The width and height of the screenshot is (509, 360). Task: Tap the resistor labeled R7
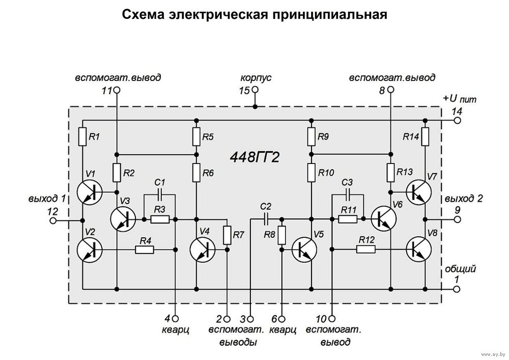[x=227, y=234]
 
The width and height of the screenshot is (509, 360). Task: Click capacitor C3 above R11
[x=348, y=194]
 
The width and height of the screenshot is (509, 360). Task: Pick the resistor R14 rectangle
[x=425, y=136]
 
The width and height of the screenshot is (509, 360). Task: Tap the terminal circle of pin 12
[x=52, y=220]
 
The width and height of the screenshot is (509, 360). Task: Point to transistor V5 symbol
[x=304, y=250]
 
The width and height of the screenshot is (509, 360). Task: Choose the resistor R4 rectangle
[x=145, y=250]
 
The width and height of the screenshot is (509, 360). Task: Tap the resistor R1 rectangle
[x=82, y=136]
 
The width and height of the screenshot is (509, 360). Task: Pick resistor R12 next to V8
[x=365, y=250]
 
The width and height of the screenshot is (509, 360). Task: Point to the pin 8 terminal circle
[x=390, y=91]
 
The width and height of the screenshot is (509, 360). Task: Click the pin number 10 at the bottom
[x=321, y=319]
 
